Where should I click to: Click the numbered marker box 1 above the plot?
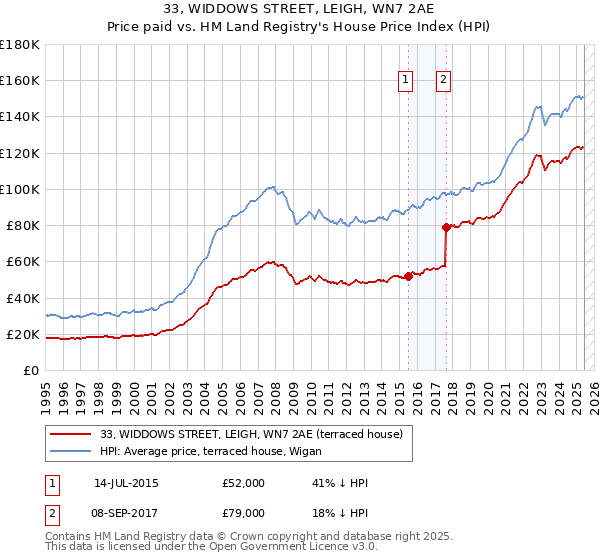pos(407,81)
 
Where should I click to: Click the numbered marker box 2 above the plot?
pos(443,81)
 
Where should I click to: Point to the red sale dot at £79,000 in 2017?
pos(446,227)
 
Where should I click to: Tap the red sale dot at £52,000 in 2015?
pos(408,277)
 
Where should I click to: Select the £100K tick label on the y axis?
pos(20,189)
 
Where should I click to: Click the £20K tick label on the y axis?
pos(24,334)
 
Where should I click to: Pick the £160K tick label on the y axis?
pos(20,80)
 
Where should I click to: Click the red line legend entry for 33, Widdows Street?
pos(251,434)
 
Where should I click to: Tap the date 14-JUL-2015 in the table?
pos(125,483)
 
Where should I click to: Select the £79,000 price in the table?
pos(244,513)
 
